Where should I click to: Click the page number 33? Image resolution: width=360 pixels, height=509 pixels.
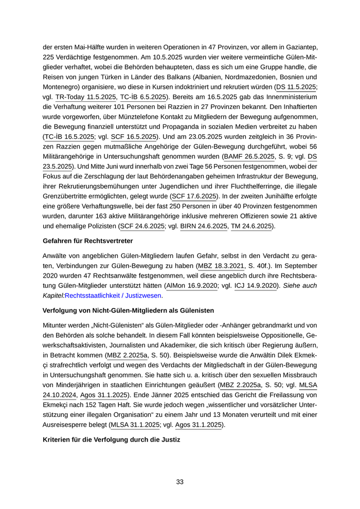179,482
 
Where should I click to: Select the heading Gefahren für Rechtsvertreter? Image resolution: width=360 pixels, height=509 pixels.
88,241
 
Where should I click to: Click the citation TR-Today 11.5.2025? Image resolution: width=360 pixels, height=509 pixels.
86,97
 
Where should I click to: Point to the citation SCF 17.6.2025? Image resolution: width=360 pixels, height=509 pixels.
193,196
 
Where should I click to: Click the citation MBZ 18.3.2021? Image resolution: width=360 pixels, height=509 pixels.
224,266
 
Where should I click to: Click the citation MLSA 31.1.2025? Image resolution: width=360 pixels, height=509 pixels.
137,425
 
